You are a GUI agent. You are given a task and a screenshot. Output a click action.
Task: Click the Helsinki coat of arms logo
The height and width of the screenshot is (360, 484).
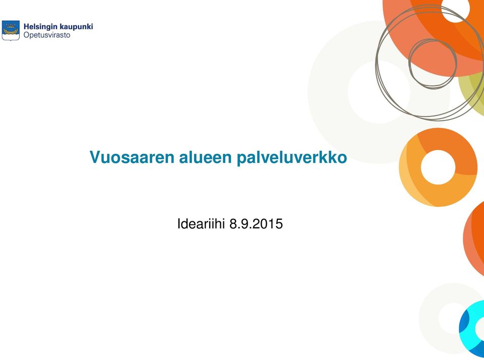click(x=11, y=30)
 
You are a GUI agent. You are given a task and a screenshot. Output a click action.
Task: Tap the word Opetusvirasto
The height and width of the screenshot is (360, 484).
click(x=47, y=35)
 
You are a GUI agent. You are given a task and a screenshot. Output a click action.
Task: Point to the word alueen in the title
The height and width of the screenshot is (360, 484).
click(x=206, y=157)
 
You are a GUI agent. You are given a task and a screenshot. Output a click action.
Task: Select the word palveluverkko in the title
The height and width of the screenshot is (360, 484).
click(x=292, y=158)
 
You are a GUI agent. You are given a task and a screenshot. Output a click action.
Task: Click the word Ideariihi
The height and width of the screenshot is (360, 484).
click(x=201, y=223)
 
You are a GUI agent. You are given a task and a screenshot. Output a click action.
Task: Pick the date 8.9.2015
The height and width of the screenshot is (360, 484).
click(x=256, y=223)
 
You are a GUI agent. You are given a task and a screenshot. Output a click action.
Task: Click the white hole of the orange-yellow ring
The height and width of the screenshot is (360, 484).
click(x=438, y=167)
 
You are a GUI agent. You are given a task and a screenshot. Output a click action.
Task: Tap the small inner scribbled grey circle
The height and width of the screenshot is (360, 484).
click(x=433, y=64)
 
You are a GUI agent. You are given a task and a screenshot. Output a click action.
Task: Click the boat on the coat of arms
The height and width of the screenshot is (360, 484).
click(x=11, y=32)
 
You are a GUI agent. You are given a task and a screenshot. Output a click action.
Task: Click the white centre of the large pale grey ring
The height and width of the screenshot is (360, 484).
click(x=379, y=92)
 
